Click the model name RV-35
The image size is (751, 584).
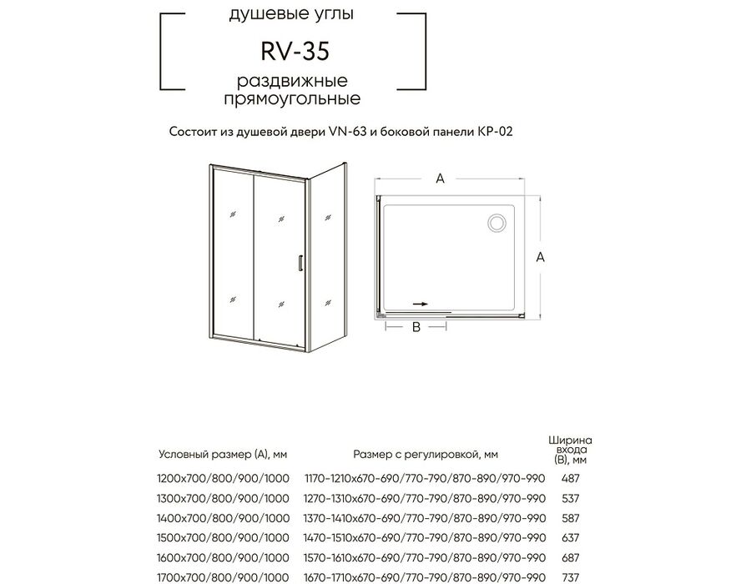tap(295, 51)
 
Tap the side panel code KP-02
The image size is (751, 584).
tap(495, 132)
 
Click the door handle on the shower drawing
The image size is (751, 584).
tap(300, 264)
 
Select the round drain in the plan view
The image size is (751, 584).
tap(496, 223)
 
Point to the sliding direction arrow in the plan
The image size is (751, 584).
tap(421, 304)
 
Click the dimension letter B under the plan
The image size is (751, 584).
tap(416, 327)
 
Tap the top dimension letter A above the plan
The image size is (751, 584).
tap(440, 179)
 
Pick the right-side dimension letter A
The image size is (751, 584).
tap(540, 257)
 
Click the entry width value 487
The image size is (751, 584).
tap(571, 478)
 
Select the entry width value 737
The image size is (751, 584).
tap(571, 577)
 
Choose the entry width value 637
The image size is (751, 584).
tap(571, 537)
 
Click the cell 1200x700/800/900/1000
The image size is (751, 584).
tap(223, 478)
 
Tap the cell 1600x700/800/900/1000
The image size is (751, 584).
tap(223, 557)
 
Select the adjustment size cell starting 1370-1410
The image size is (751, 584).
tap(425, 518)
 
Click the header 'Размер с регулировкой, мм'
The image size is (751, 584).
tap(426, 455)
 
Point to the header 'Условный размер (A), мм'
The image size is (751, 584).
tap(223, 455)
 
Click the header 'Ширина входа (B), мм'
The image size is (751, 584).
tap(571, 450)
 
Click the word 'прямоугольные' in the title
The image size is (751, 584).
tap(293, 99)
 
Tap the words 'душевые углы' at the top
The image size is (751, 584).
tap(291, 14)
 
